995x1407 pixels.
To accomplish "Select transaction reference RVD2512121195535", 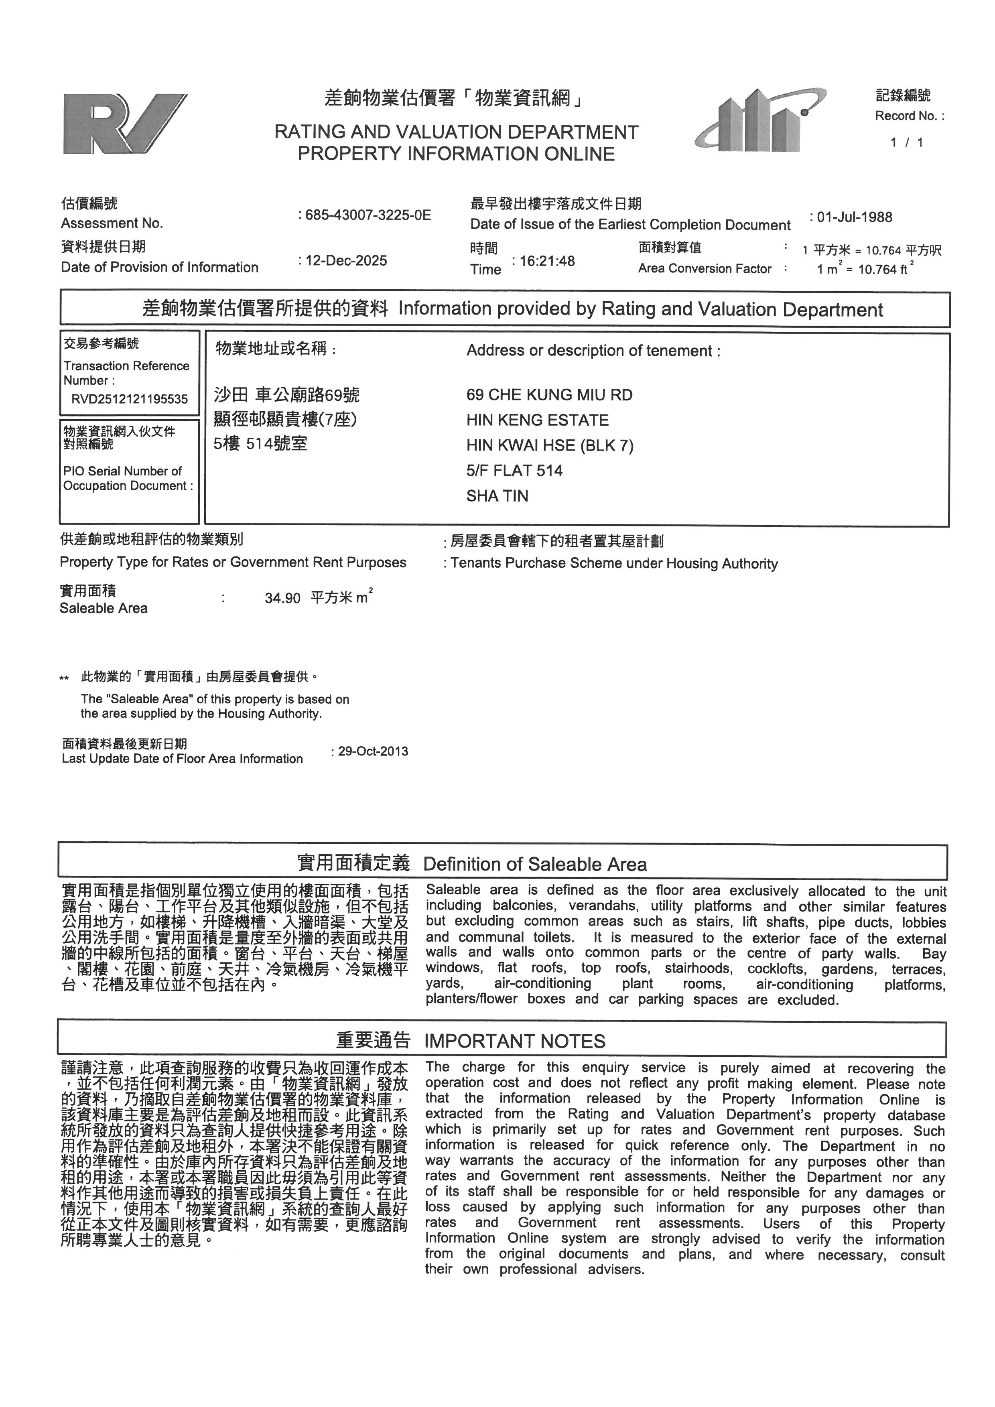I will pos(129,399).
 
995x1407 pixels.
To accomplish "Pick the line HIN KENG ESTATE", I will pos(537,420).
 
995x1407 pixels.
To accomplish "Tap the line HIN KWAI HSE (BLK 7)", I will pos(550,445).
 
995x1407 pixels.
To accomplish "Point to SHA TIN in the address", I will pos(497,496).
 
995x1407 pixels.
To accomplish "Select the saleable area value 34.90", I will pos(282,598).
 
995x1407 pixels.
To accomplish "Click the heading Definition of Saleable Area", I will pos(535,864).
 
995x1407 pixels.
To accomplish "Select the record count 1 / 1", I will pos(907,142).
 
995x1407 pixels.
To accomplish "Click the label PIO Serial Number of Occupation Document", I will pos(128,479).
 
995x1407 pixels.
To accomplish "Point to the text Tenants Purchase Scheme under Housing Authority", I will pos(614,564).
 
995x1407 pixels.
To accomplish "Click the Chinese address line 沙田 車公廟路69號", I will pos(287,395).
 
